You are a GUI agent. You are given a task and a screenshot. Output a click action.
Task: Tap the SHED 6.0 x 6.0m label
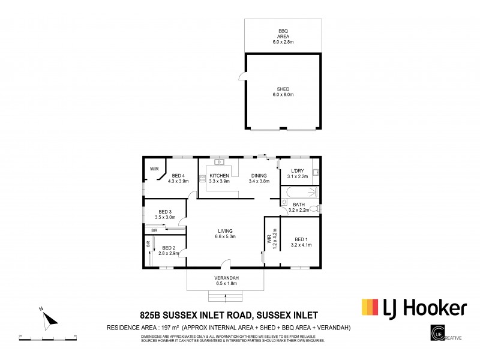[x=283, y=92]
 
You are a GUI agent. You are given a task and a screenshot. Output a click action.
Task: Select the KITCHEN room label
[x=219, y=176]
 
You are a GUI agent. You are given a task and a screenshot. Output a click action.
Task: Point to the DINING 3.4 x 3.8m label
[x=259, y=178]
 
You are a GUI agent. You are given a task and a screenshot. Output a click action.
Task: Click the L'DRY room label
[x=297, y=173]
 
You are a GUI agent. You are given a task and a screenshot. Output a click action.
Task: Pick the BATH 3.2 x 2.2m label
[x=299, y=208]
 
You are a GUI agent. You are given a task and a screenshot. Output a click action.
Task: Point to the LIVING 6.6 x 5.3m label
[x=226, y=233]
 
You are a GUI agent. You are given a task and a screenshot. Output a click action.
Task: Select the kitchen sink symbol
[x=220, y=161]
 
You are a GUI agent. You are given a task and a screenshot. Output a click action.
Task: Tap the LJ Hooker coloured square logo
[x=369, y=307]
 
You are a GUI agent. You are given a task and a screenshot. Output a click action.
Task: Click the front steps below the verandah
[x=225, y=295]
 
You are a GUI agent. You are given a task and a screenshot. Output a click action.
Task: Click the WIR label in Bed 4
[x=154, y=169]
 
